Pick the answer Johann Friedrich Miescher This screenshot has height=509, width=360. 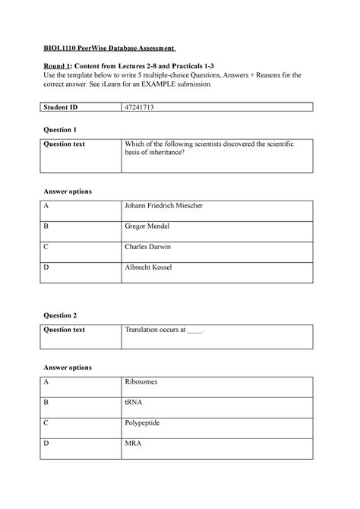163,206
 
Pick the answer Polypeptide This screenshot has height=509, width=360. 143,422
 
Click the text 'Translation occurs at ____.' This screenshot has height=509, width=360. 165,330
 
